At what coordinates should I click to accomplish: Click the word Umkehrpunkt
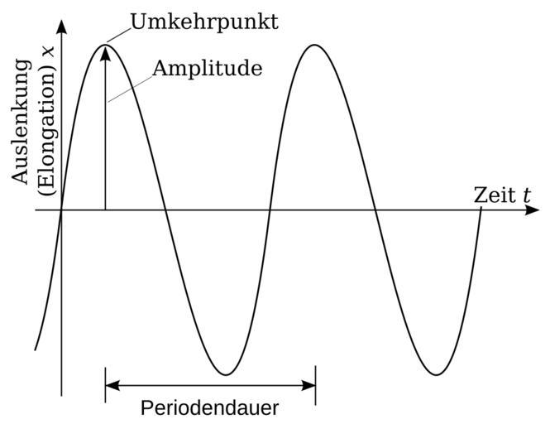point(204,22)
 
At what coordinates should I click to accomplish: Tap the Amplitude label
point(208,68)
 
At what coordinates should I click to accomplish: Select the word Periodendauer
point(209,408)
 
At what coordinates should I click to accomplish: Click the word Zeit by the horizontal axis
point(494,195)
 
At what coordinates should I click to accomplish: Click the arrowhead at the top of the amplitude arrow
point(105,54)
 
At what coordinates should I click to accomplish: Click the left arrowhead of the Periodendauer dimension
point(112,385)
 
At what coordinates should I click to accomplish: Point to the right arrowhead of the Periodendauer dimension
point(308,385)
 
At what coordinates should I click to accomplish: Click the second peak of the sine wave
point(315,44)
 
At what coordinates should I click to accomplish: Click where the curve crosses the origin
point(61,210)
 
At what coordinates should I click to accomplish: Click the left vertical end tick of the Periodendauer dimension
point(105,385)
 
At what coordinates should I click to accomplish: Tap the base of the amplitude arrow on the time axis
point(105,210)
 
